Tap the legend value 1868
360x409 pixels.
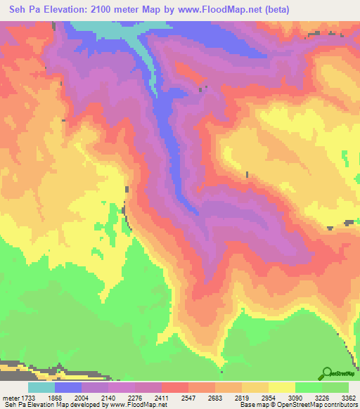(56, 398)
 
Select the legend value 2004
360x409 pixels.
(82, 398)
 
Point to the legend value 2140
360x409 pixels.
(109, 398)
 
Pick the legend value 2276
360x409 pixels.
(136, 398)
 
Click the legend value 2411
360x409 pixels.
(162, 398)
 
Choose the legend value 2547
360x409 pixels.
(188, 398)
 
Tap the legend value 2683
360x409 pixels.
(215, 398)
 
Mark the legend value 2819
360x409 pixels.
(242, 398)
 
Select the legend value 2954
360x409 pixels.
(268, 398)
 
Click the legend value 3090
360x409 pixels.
(295, 398)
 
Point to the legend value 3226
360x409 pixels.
(321, 398)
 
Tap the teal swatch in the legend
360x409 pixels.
(41, 387)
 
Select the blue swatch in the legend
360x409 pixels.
(68, 387)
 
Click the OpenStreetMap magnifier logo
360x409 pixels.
(327, 373)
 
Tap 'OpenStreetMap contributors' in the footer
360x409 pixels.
(324, 405)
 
